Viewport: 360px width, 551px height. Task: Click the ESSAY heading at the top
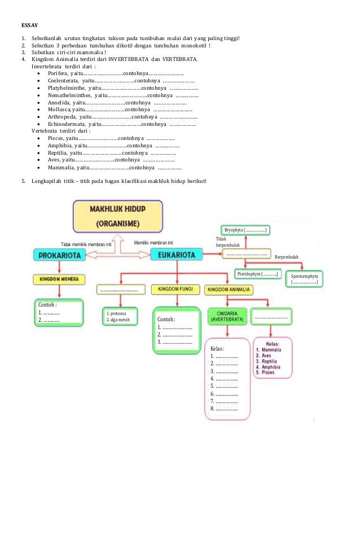coord(29,25)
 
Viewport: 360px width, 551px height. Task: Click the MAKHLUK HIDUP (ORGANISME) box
coord(117,216)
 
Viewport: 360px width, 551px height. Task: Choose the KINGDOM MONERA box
coord(59,279)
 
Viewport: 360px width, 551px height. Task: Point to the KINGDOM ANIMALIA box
coord(230,290)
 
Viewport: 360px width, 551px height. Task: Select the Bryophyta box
coord(246,230)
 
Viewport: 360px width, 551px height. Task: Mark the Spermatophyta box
coord(305,279)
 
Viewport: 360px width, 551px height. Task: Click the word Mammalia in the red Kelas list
coord(271,350)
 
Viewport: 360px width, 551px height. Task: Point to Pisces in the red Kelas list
coord(267,373)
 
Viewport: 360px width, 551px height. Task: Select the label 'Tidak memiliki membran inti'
coord(86,244)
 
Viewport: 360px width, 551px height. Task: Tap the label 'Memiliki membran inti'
coord(153,242)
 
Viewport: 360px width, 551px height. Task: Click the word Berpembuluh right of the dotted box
coord(287,257)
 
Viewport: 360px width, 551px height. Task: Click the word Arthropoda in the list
coord(62,116)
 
